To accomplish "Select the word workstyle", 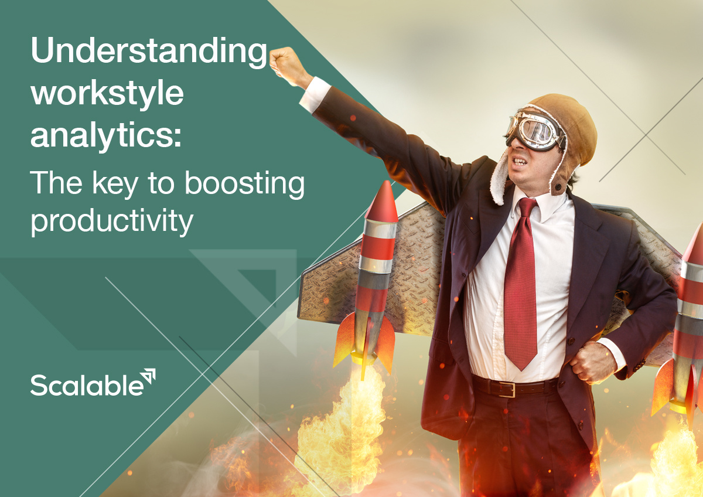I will (107, 94).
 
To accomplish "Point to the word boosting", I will (245, 183).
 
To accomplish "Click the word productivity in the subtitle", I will (111, 221).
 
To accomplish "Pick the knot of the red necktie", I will (526, 209).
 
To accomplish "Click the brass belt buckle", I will (507, 389).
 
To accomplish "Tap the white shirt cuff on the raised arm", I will (315, 93).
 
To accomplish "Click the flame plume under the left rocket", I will (346, 428).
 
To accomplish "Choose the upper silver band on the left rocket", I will (378, 229).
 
